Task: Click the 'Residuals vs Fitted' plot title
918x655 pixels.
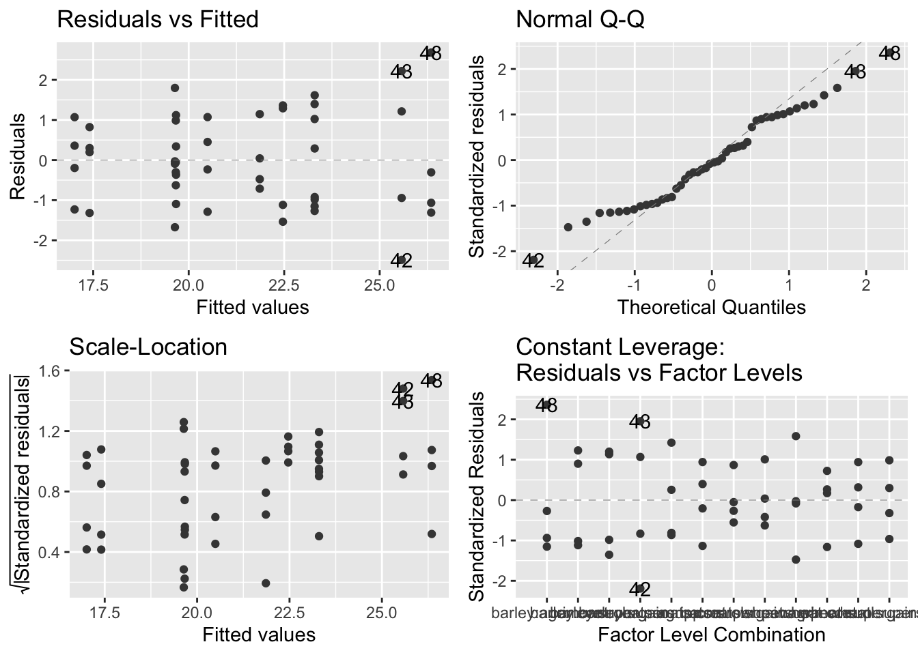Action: (158, 19)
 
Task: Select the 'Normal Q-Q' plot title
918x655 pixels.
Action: (580, 19)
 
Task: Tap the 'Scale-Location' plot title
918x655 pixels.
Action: (148, 347)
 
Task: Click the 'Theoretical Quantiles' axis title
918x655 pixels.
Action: (711, 307)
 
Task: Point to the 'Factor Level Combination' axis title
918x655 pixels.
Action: (711, 635)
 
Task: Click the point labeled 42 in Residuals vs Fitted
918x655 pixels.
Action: (402, 260)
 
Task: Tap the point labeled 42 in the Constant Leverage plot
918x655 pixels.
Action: (640, 589)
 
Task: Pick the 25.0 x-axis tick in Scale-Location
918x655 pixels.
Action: (381, 613)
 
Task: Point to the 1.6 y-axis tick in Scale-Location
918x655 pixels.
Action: (51, 370)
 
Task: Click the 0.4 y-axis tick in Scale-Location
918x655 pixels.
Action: (51, 552)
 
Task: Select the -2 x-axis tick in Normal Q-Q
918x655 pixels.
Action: (557, 285)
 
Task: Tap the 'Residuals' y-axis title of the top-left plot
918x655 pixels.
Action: (18, 156)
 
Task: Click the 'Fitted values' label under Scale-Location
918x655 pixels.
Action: (259, 635)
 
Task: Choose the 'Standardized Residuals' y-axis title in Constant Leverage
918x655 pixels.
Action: (477, 496)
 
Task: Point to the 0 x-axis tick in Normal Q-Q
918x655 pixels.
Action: (711, 285)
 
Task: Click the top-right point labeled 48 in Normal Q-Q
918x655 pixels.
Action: (889, 53)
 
